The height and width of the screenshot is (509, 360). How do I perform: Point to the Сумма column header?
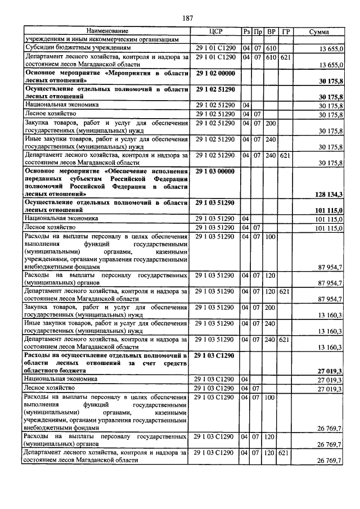tap(319, 31)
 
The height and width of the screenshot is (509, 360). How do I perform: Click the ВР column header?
tap(272, 31)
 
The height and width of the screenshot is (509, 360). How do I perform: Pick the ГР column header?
tap(285, 31)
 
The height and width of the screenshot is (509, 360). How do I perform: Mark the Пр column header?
tap(258, 31)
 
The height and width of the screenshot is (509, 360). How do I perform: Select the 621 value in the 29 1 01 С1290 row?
tap(285, 57)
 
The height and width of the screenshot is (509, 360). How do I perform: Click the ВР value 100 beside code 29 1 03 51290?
tap(271, 237)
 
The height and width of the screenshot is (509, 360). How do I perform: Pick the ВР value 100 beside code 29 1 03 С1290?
tap(271, 398)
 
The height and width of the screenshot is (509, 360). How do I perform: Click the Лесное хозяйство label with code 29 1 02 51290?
tap(46, 114)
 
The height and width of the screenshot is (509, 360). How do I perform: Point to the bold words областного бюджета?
tap(55, 371)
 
